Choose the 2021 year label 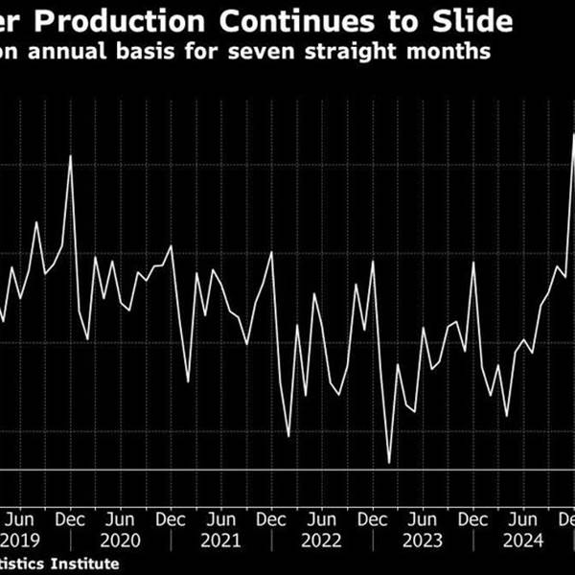(221, 540)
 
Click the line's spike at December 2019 (71, 156)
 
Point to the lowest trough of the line (390, 463)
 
